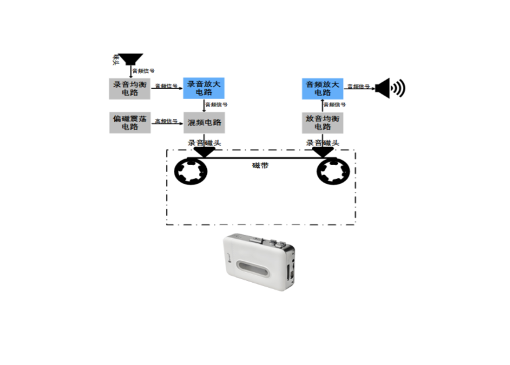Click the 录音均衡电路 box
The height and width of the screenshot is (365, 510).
tap(130, 89)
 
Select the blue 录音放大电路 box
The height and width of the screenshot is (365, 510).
tap(204, 88)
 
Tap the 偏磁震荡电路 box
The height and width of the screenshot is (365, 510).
tap(130, 123)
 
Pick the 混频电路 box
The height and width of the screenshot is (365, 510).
tap(204, 123)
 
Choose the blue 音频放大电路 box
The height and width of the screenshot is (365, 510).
tap(323, 88)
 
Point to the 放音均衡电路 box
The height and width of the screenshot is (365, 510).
tap(323, 123)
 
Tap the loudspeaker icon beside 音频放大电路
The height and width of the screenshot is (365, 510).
tap(389, 87)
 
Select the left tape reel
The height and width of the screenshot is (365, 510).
tap(191, 170)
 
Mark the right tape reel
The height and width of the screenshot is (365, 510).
tap(334, 170)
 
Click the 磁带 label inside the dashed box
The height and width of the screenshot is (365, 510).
tap(260, 165)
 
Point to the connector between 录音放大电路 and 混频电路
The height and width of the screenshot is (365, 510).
tap(204, 105)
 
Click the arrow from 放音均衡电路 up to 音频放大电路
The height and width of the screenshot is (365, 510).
tap(323, 105)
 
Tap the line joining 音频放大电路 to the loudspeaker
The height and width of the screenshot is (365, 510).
tap(358, 87)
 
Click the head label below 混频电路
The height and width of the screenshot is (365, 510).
tap(203, 143)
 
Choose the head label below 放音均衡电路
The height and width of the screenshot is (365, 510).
tap(323, 143)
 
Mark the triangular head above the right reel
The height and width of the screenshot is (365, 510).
tap(322, 152)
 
